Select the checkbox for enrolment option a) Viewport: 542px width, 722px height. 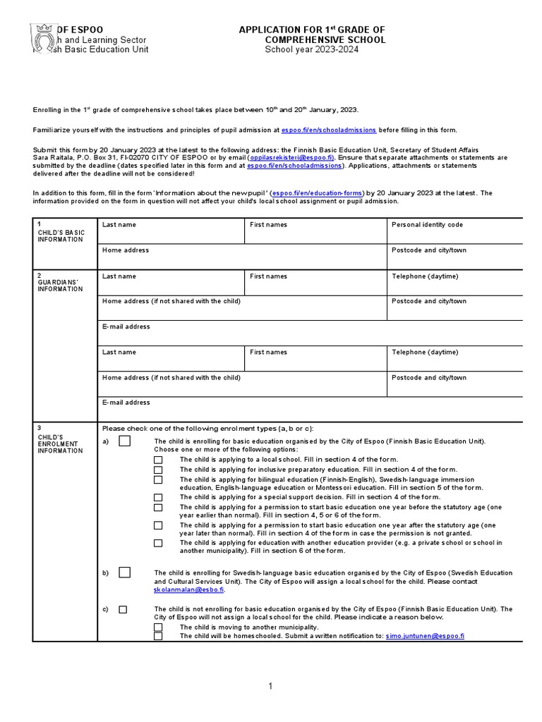click(125, 441)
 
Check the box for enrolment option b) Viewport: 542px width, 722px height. click(125, 573)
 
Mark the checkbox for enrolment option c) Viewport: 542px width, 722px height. click(123, 609)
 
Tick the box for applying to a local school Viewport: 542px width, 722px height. click(158, 460)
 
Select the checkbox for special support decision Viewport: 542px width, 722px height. click(158, 497)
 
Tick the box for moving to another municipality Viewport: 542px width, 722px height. click(158, 627)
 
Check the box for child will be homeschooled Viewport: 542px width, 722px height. click(158, 636)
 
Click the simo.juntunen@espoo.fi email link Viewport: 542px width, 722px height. click(425, 636)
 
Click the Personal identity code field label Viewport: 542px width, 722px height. click(427, 225)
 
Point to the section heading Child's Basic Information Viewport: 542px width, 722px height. click(61, 235)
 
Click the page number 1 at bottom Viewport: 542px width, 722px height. click(270, 686)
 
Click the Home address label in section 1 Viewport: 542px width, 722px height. click(126, 250)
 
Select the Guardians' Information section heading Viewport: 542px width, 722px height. click(60, 286)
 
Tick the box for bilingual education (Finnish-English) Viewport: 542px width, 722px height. click(158, 479)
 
